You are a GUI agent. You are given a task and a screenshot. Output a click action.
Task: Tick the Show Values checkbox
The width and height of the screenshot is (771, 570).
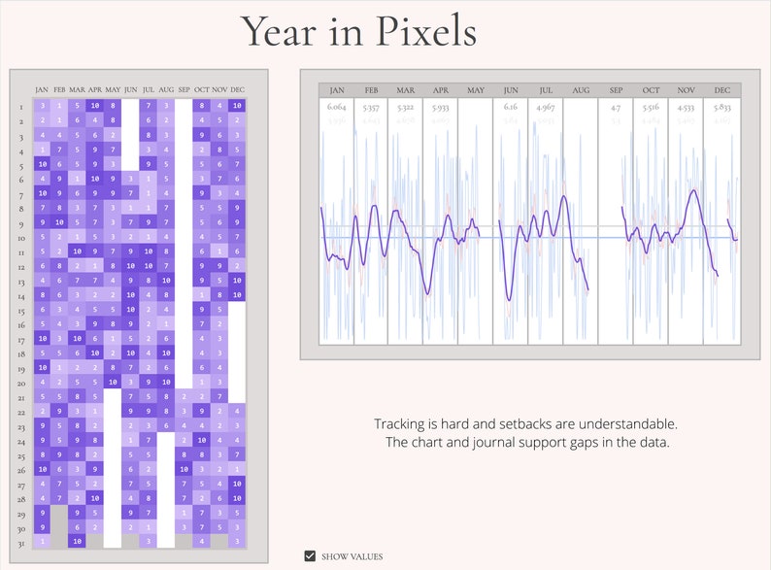tap(310, 556)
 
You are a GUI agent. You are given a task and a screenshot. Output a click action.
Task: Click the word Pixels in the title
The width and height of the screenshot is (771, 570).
tap(419, 32)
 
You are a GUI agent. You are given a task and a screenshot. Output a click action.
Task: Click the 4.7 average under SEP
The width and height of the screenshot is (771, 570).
tap(616, 107)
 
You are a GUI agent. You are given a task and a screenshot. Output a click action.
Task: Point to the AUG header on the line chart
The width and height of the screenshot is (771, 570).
tap(581, 90)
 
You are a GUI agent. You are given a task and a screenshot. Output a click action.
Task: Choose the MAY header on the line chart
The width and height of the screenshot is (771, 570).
tap(476, 90)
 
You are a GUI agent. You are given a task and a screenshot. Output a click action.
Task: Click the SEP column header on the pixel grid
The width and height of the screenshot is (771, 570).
tap(184, 90)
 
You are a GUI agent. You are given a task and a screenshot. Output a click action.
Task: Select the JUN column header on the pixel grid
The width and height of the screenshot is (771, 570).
tap(131, 90)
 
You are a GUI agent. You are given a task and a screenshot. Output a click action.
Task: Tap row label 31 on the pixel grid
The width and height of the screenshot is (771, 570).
tap(21, 541)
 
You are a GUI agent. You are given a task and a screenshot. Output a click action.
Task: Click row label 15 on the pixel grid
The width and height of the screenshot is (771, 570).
tap(21, 309)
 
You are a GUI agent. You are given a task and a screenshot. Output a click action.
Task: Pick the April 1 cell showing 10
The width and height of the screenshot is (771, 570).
tap(95, 105)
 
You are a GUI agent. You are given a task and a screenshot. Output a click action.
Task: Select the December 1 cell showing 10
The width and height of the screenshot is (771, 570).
tap(238, 105)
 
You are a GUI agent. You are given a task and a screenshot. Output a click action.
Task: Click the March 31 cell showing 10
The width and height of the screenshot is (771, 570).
tap(78, 541)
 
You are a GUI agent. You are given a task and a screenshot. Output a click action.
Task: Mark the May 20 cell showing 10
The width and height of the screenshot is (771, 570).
tap(114, 382)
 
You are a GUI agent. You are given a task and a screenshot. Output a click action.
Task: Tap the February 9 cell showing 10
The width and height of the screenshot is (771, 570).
tap(60, 222)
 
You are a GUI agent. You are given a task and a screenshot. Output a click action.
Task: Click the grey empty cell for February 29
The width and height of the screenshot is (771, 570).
tap(60, 512)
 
